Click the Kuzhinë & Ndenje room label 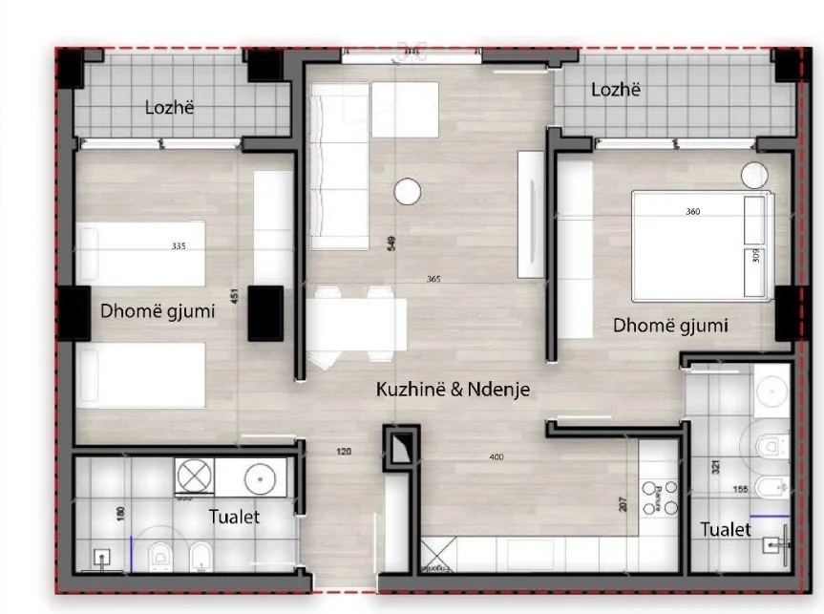[453, 390]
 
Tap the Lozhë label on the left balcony [169, 108]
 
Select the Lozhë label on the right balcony [615, 90]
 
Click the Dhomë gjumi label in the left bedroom [158, 310]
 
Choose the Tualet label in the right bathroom [725, 529]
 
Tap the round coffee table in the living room [408, 190]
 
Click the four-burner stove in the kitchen [657, 498]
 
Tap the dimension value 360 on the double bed [693, 212]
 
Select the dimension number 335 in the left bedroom [178, 246]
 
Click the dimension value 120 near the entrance [344, 451]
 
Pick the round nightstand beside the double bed [754, 176]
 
